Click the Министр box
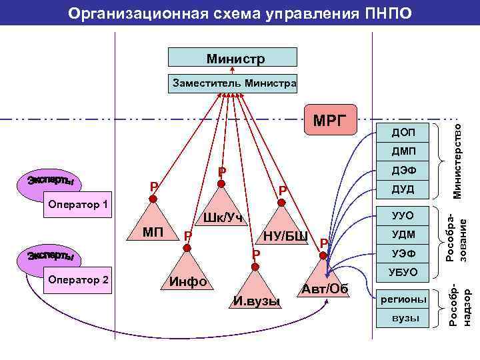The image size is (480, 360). point(233,58)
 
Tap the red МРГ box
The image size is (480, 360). point(331,121)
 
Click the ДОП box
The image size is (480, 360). point(403,133)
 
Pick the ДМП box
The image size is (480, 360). point(403,151)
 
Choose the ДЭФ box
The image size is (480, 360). point(403,170)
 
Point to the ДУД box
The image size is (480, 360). point(403,189)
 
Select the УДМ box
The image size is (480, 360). point(403,235)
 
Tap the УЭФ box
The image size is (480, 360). point(403,253)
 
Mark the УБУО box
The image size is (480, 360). point(403,272)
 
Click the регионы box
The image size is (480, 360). point(403,299)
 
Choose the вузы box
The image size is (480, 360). point(403,318)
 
